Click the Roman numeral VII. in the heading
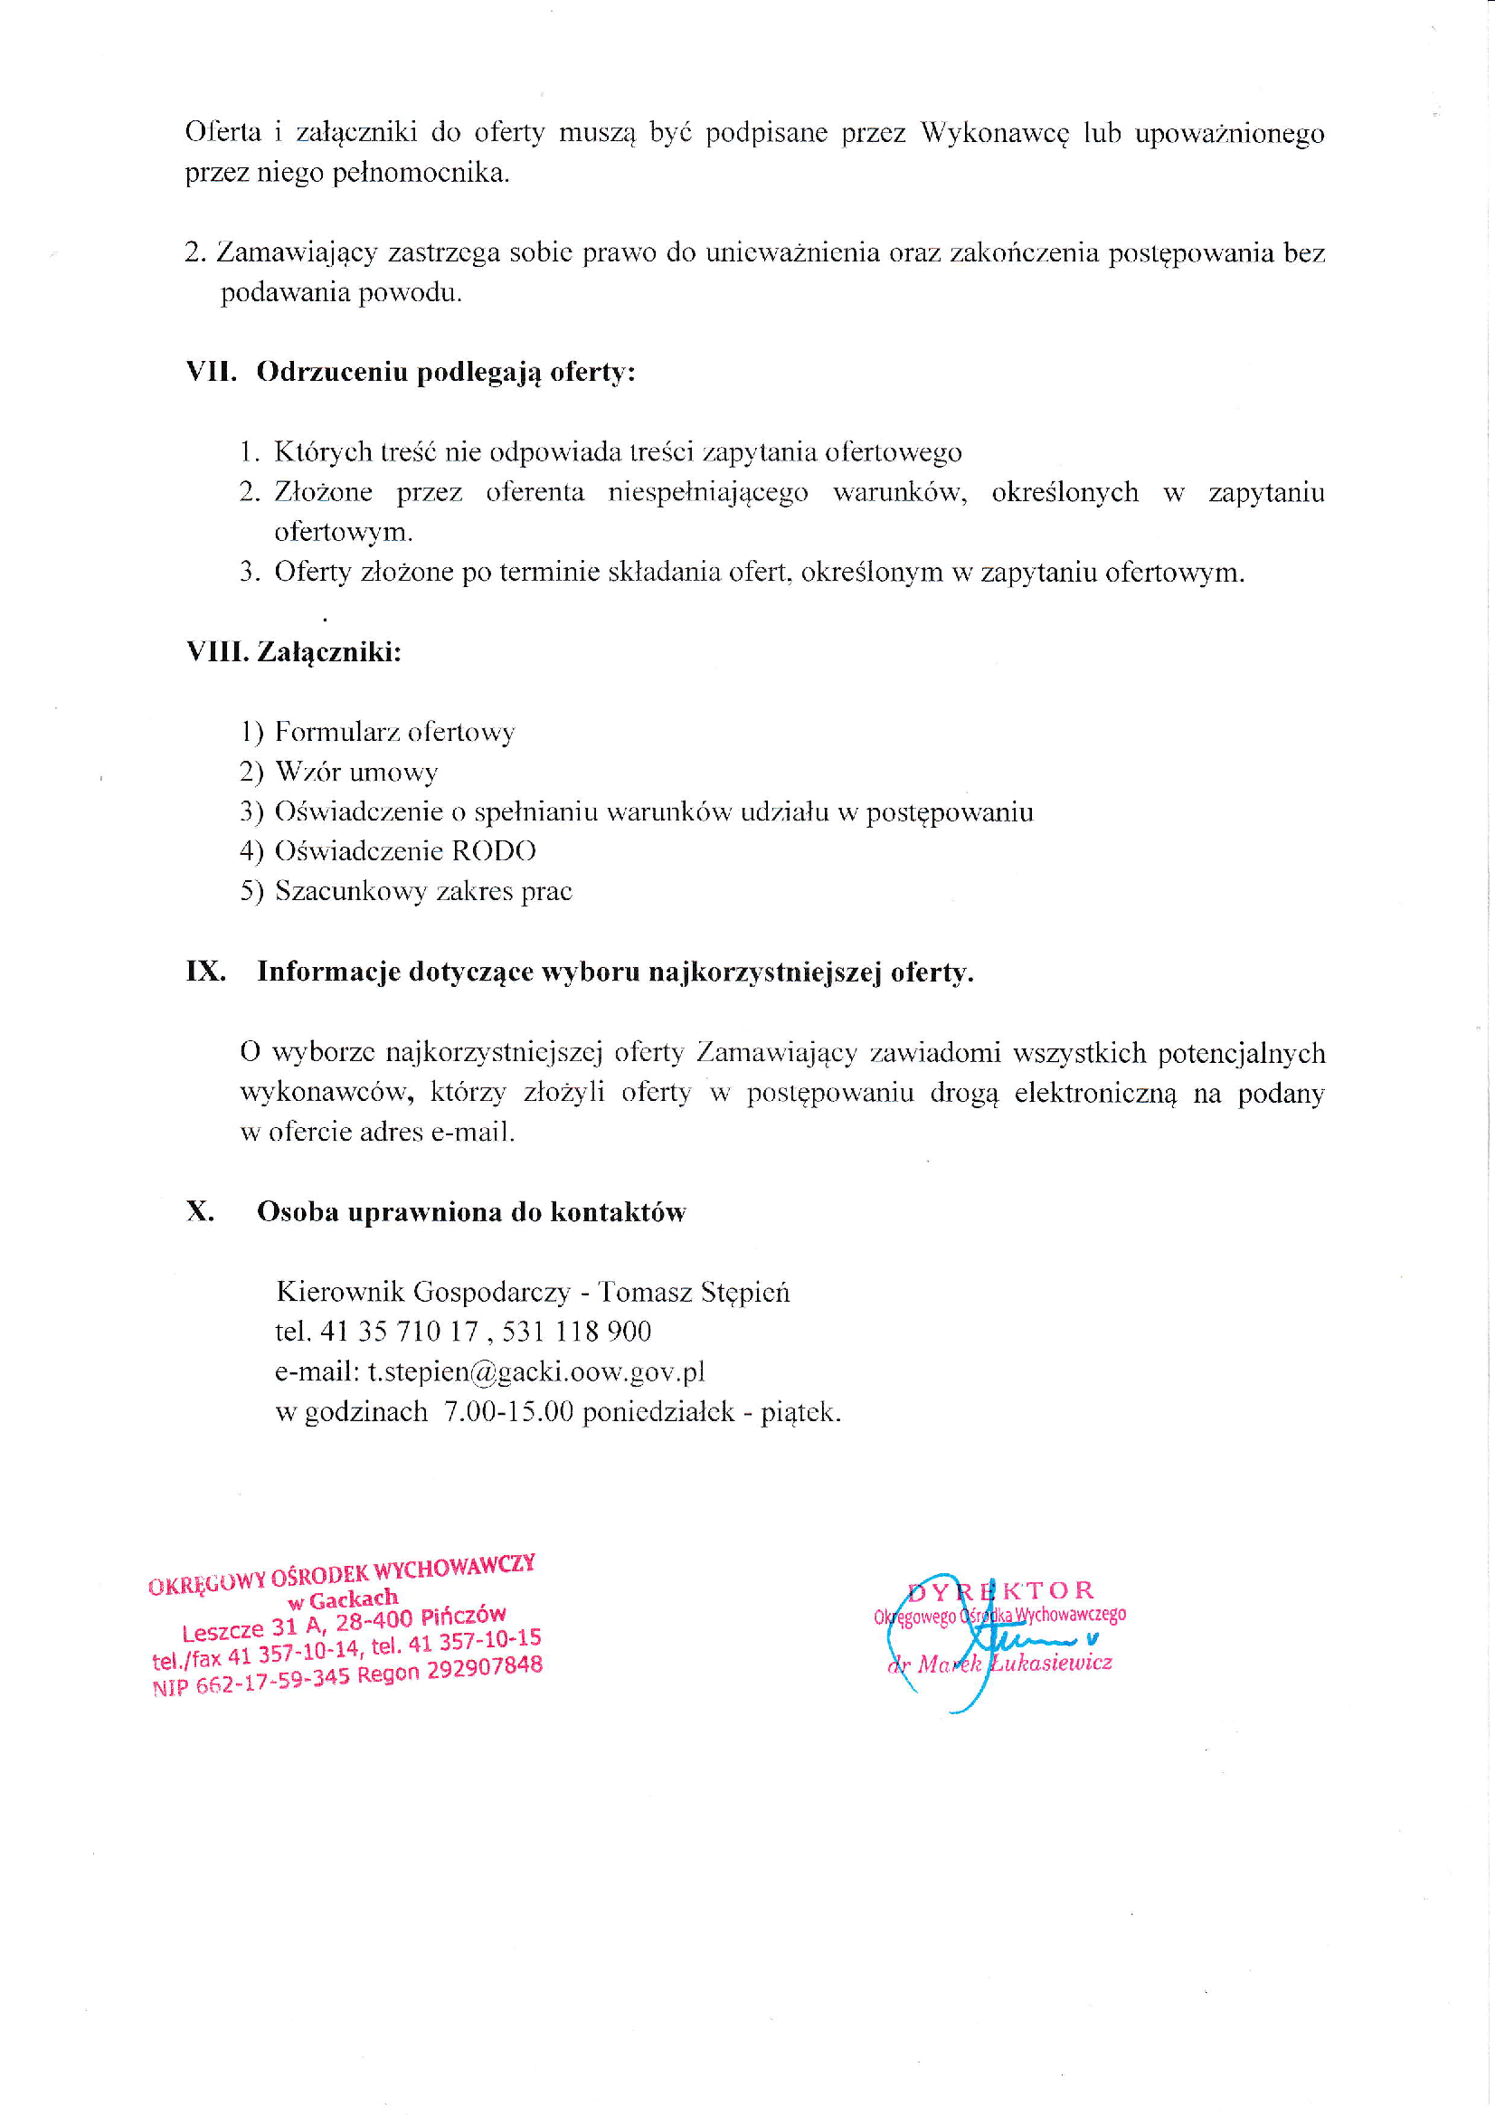click(211, 372)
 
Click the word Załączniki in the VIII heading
click(329, 652)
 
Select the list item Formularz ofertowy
click(394, 733)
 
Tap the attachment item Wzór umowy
click(356, 772)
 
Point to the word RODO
click(493, 851)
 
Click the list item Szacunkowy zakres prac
click(424, 892)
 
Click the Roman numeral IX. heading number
click(205, 972)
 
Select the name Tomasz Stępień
click(694, 1292)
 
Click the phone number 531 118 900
click(577, 1332)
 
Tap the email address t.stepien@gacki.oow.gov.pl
click(536, 1371)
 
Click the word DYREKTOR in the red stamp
click(1001, 1591)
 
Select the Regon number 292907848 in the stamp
click(485, 1667)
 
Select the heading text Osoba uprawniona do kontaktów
click(470, 1212)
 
